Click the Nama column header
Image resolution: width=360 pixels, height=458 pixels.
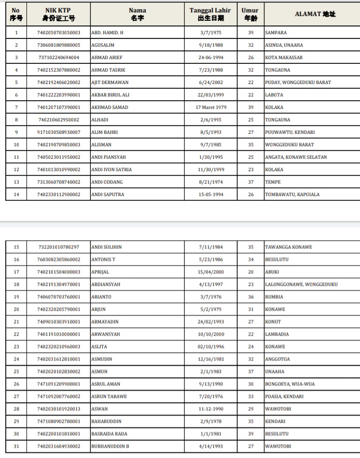click(x=137, y=14)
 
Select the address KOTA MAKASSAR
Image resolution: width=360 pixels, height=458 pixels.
click(x=284, y=58)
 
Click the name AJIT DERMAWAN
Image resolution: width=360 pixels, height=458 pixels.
click(x=110, y=82)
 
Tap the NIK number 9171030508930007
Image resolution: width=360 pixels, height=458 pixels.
click(x=59, y=132)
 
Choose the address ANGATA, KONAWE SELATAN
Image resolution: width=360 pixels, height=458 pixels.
click(x=296, y=157)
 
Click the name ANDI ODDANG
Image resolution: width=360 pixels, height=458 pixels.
click(x=107, y=182)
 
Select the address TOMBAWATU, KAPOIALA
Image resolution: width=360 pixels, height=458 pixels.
click(x=292, y=195)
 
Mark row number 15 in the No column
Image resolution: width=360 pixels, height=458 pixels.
click(x=16, y=247)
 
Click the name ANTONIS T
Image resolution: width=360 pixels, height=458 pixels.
click(x=103, y=259)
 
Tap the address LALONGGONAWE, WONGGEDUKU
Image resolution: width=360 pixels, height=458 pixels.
click(x=301, y=284)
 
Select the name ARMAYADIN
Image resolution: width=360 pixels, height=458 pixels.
click(x=105, y=322)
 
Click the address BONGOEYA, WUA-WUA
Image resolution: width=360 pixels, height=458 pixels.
click(x=290, y=384)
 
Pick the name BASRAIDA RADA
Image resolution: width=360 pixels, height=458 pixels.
click(x=109, y=434)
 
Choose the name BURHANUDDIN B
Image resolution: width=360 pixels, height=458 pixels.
click(x=110, y=446)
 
